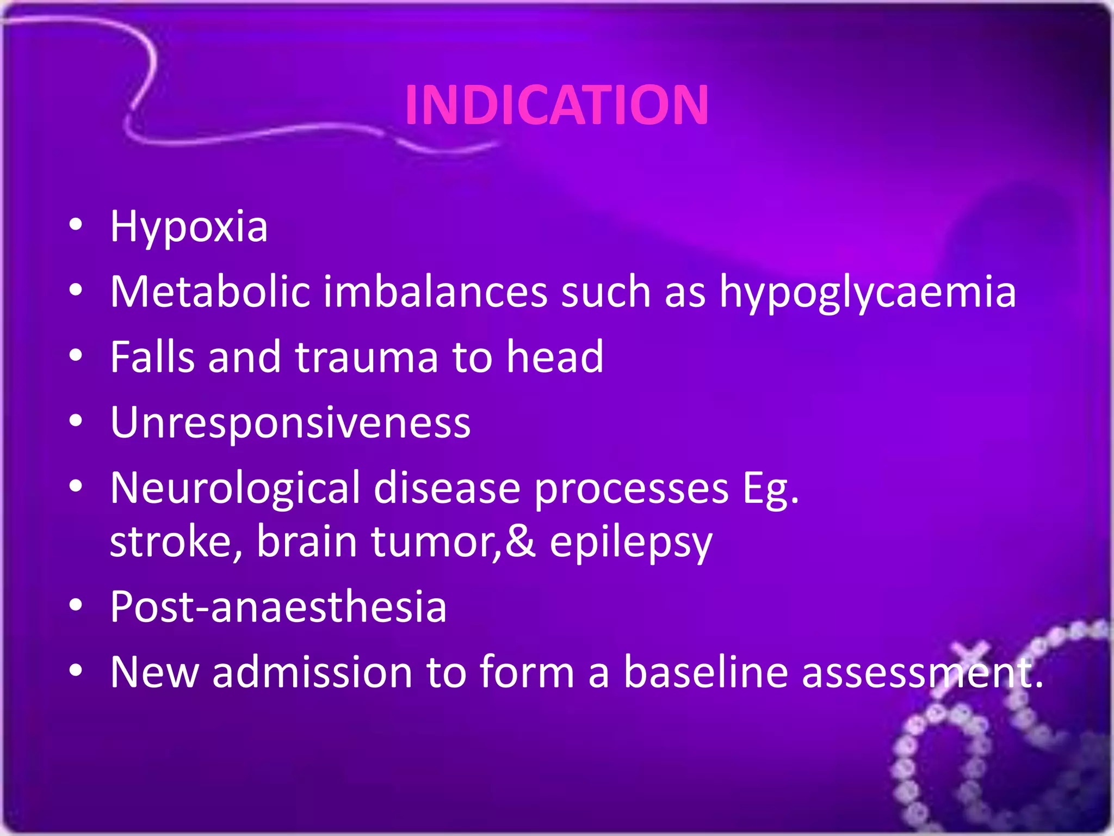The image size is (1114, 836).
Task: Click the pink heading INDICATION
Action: point(556,104)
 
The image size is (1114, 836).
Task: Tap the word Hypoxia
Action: point(189,226)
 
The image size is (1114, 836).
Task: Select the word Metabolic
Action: point(210,292)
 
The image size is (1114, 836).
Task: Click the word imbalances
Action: point(435,292)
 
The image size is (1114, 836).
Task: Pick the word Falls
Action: point(152,357)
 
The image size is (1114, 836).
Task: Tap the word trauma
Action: point(366,358)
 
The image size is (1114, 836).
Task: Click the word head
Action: point(555,357)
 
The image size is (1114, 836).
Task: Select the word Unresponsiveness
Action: point(290,423)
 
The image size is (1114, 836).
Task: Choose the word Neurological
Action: point(235,488)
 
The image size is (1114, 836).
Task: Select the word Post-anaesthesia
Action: point(278,607)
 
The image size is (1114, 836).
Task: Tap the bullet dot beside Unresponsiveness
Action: point(76,421)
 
